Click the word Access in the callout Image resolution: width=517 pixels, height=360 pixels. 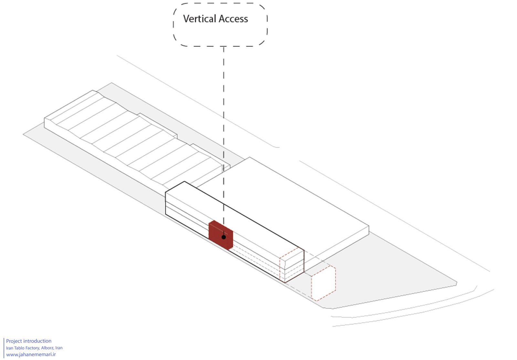pyautogui.click(x=233, y=19)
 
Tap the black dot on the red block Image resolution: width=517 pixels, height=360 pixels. pyautogui.click(x=223, y=237)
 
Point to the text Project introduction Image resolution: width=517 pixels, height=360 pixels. pyautogui.click(x=29, y=341)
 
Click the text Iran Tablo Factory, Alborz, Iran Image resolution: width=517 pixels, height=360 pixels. pyautogui.click(x=34, y=348)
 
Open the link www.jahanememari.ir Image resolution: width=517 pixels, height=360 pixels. pyautogui.click(x=31, y=355)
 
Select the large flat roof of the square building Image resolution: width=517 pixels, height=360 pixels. pyautogui.click(x=284, y=203)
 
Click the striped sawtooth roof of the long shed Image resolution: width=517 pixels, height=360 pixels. pyautogui.click(x=136, y=139)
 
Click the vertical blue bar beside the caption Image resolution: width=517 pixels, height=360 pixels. pyautogui.click(x=4, y=348)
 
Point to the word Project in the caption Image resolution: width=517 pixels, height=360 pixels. pyautogui.click(x=14, y=341)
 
